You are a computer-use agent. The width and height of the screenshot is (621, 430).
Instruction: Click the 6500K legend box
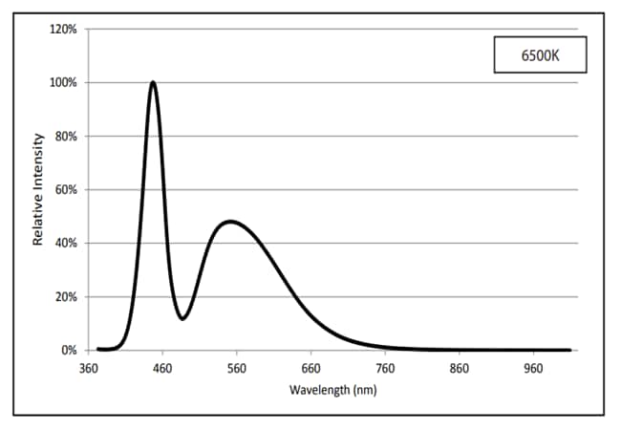pos(540,56)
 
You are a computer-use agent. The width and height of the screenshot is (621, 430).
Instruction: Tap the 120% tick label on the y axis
pos(63,30)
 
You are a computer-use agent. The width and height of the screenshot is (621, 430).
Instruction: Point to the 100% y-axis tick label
pos(63,83)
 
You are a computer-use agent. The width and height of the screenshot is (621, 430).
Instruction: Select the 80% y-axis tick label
pos(66,137)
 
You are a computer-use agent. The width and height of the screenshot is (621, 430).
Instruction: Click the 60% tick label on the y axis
pos(66,190)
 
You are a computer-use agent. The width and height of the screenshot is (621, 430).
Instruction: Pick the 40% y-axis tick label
pos(66,244)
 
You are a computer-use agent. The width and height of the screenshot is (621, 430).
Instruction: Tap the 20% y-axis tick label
pos(66,297)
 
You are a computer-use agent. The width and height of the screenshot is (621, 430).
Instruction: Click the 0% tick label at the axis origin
pos(69,351)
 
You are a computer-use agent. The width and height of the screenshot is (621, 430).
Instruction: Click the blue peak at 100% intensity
pos(153,83)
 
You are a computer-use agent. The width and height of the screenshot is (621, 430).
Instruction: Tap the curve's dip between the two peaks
pos(182,318)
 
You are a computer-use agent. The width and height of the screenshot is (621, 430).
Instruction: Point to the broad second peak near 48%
pos(230,222)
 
